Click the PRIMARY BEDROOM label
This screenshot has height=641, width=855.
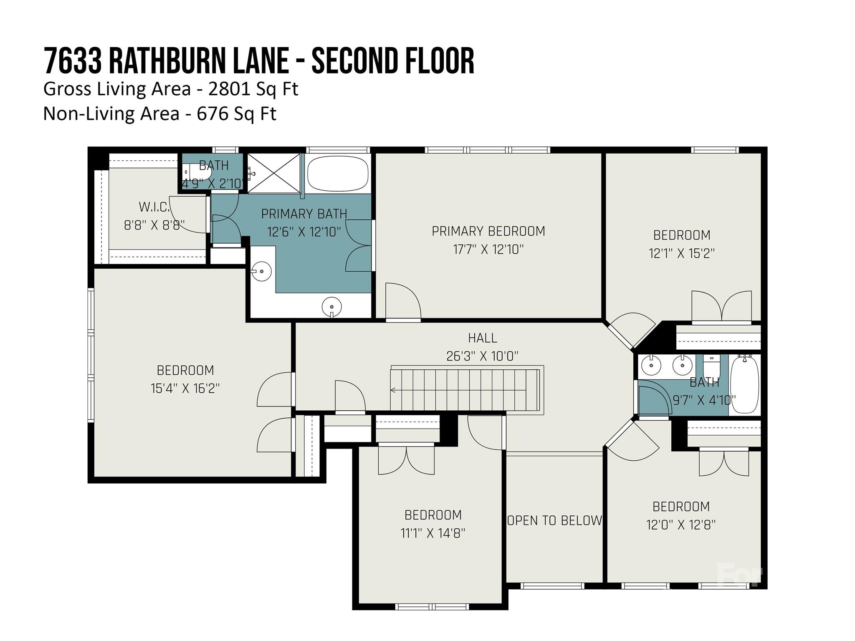click(488, 231)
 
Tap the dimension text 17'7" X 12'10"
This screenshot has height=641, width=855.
click(488, 250)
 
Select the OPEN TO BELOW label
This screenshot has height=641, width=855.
click(554, 520)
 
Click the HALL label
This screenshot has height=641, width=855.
click(482, 338)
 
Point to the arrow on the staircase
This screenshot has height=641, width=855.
click(393, 390)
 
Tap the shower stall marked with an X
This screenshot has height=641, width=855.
click(274, 173)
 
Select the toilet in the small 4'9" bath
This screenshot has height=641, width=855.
click(193, 172)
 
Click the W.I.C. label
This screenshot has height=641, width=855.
click(154, 207)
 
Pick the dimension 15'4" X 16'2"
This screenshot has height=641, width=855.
click(185, 389)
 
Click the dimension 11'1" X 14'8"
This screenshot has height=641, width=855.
click(433, 533)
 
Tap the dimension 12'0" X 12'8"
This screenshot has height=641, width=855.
click(681, 525)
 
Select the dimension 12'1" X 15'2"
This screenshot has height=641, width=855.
click(681, 253)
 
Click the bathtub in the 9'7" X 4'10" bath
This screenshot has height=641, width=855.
click(744, 384)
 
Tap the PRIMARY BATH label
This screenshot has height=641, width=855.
click(304, 214)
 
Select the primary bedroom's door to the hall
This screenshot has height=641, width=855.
click(403, 302)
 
